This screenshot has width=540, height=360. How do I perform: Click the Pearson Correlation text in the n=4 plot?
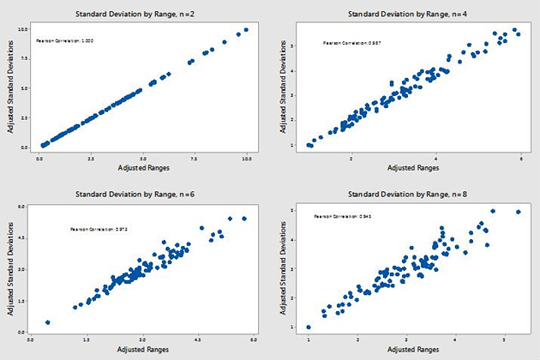(x=347, y=43)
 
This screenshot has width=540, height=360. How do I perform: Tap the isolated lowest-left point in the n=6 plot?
(x=48, y=322)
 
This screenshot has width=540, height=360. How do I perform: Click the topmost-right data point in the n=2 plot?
(x=246, y=29)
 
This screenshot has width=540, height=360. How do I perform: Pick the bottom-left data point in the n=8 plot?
(x=309, y=327)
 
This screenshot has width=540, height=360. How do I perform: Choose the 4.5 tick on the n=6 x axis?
(x=199, y=339)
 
